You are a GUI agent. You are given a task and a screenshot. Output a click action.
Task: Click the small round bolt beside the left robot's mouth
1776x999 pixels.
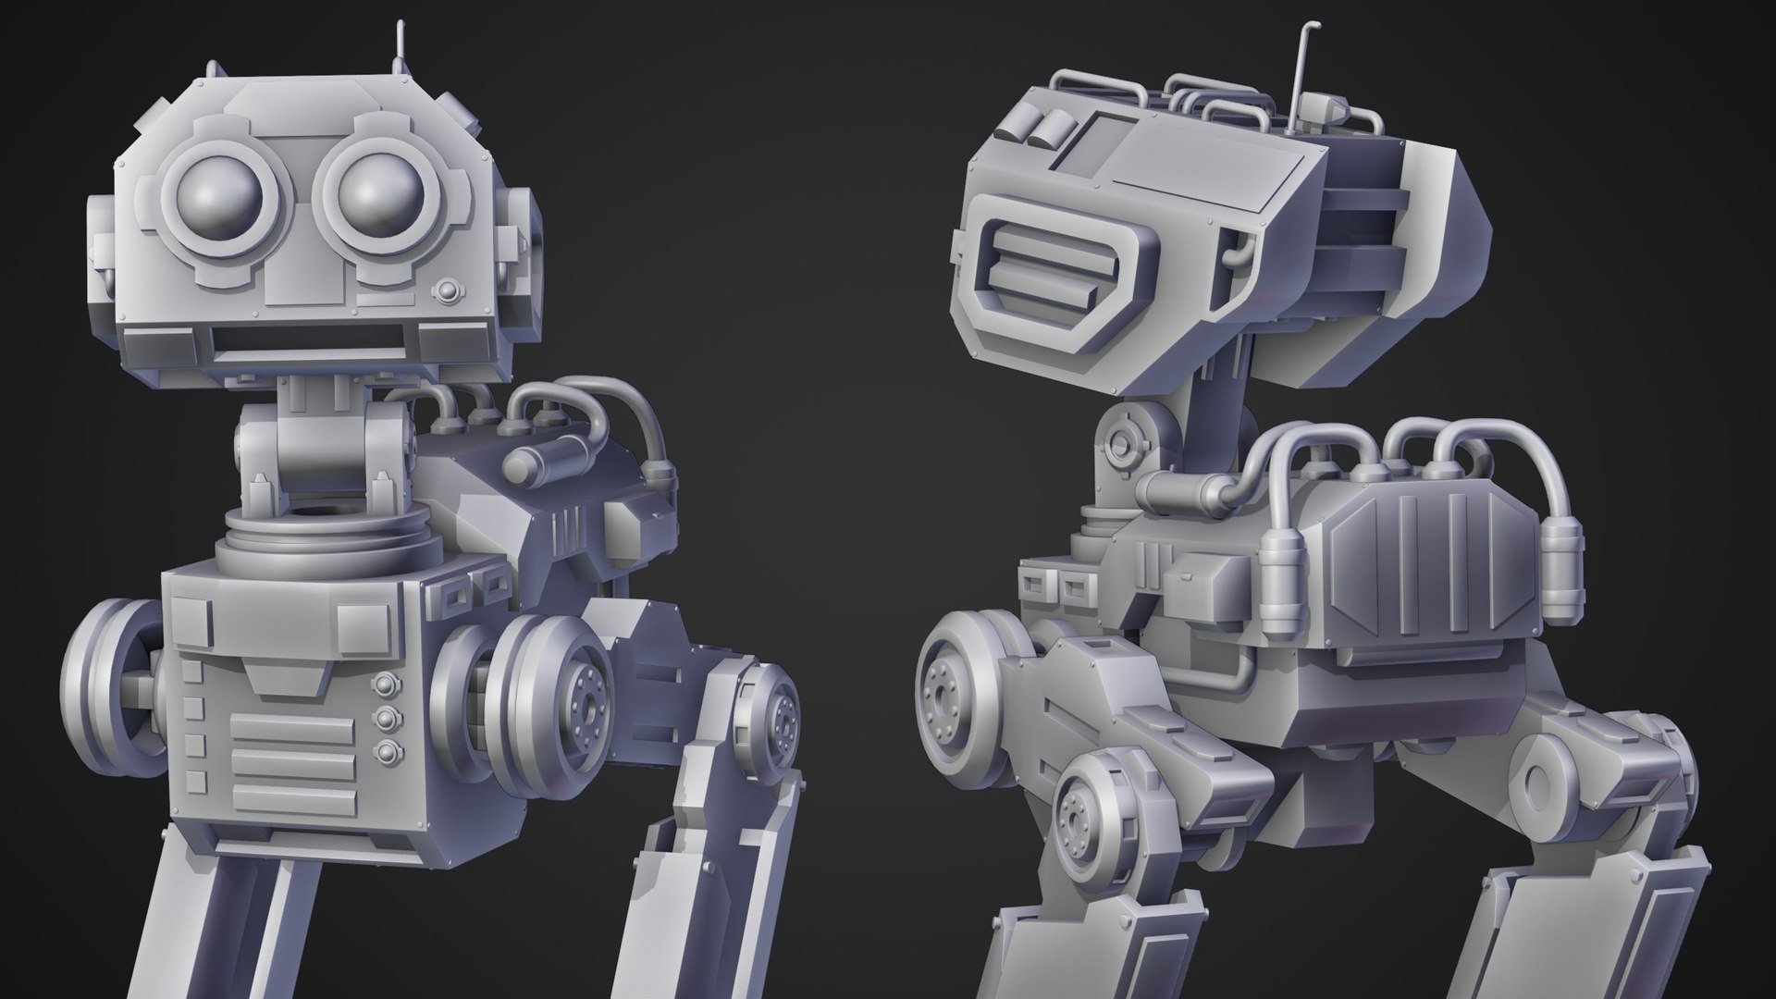(x=448, y=290)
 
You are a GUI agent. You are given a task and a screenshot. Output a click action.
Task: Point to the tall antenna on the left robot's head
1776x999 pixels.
(x=401, y=42)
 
